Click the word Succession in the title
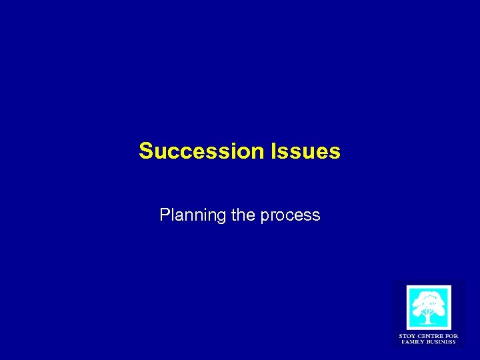coord(202,151)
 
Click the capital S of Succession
coord(145,151)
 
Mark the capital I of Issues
coord(273,151)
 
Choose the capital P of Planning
coord(164,215)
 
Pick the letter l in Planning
coord(172,215)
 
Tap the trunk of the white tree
coord(429,317)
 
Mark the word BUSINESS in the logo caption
coord(441,342)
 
